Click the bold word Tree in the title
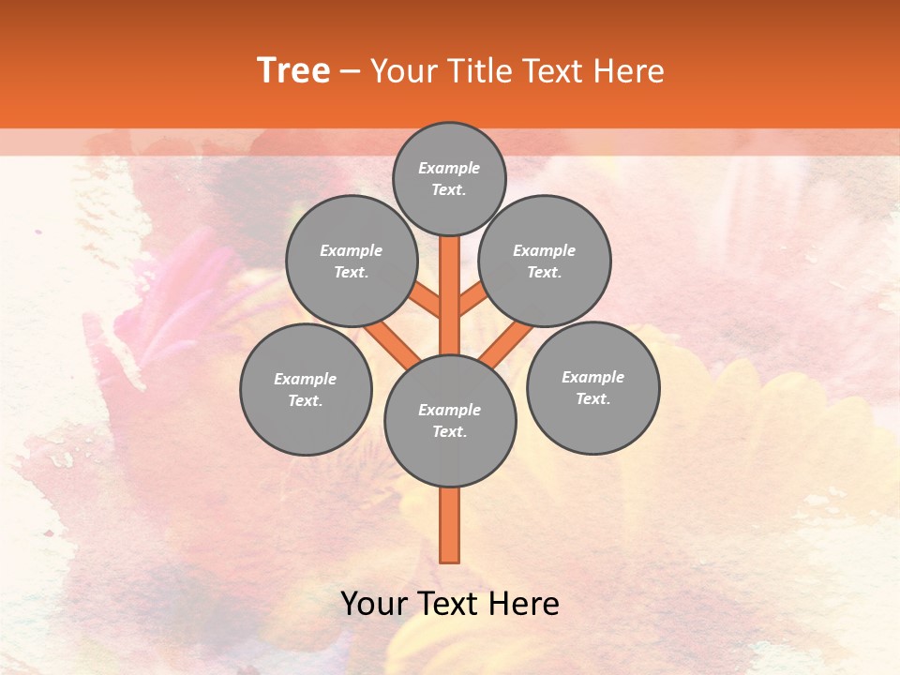pos(293,71)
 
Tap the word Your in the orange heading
pos(402,71)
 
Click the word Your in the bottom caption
pos(374,604)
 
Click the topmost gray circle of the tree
pos(449,179)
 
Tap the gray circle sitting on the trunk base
pos(450,421)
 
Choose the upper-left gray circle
pos(351,262)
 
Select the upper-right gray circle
pos(545,262)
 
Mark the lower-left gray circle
pos(306,390)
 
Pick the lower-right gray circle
pos(592,388)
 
